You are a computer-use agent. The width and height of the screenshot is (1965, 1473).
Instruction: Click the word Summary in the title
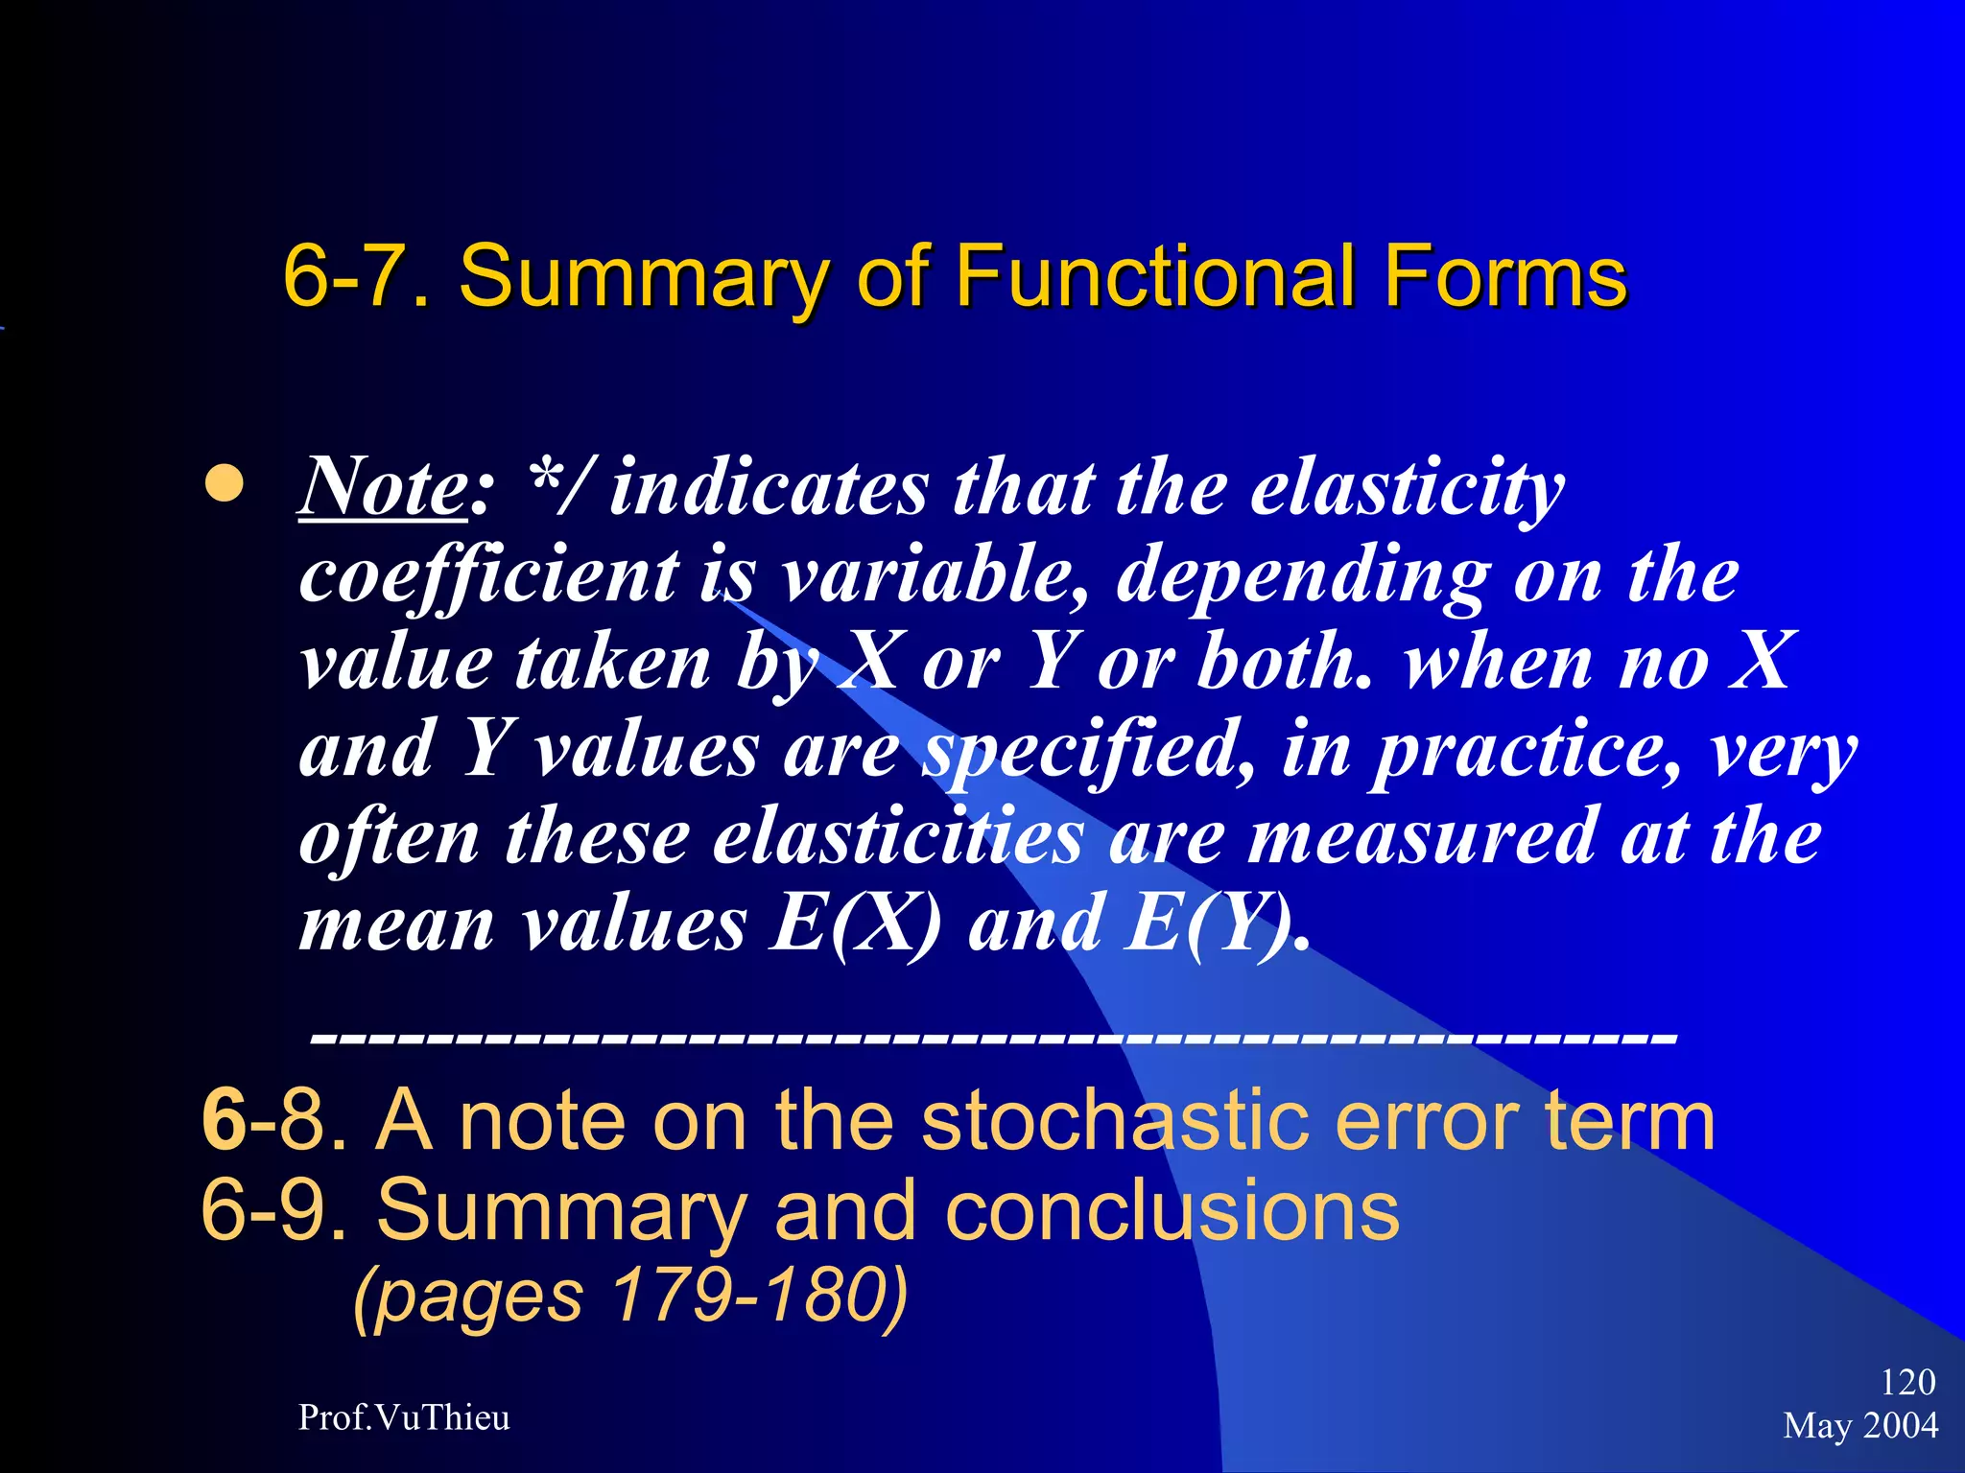tap(643, 276)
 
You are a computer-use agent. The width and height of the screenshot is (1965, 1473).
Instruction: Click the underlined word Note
tap(382, 487)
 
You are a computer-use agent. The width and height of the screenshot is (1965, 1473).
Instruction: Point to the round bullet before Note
tap(225, 484)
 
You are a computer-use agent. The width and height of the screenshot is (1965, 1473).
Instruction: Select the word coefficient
tap(489, 575)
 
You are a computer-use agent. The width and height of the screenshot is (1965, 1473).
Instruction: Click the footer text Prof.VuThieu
tap(404, 1417)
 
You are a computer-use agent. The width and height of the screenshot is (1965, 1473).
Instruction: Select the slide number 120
tap(1907, 1382)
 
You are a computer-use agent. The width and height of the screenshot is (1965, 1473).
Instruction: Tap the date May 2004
tap(1860, 1425)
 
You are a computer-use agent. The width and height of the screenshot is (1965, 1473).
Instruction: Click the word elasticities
tap(898, 837)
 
